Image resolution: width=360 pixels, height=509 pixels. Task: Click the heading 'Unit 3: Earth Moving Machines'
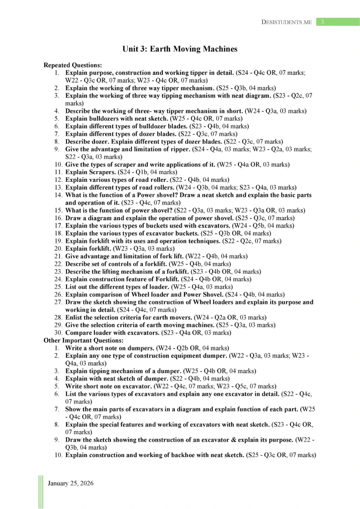(180, 49)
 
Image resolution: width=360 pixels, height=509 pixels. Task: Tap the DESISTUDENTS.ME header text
(287, 22)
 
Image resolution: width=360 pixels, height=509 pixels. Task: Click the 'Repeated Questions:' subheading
(73, 65)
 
